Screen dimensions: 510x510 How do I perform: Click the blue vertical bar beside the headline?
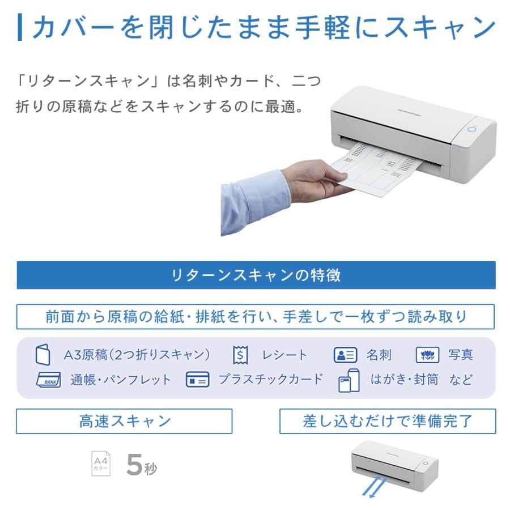(x=20, y=27)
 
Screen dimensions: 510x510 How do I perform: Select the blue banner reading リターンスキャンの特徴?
(x=256, y=275)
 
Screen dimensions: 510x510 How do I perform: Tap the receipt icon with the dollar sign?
(x=240, y=355)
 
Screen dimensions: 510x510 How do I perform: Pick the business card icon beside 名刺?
(x=345, y=355)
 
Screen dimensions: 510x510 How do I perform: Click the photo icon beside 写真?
(x=428, y=355)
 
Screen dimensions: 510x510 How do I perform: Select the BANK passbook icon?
(x=49, y=380)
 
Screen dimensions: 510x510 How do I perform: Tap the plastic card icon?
(x=198, y=380)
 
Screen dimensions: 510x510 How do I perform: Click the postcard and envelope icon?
(x=349, y=381)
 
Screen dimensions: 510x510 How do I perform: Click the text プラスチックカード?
(x=270, y=379)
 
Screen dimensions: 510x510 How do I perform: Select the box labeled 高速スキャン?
(x=124, y=421)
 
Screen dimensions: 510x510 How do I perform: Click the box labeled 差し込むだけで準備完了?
(x=388, y=421)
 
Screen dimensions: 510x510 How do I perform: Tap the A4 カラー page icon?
(x=101, y=463)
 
